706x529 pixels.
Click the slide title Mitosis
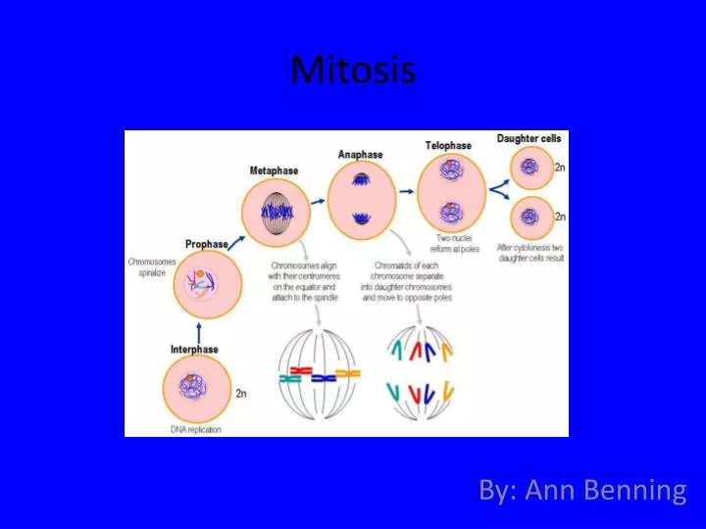[353, 70]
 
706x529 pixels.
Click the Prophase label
[206, 244]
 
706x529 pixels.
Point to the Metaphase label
[275, 171]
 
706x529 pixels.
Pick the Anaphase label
[361, 154]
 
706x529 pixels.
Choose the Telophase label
[447, 145]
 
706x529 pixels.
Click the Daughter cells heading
[529, 139]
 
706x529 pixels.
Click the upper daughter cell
[531, 168]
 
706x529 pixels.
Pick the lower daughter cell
[531, 217]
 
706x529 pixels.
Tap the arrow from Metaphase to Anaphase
[316, 199]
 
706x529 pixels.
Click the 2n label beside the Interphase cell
[240, 393]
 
